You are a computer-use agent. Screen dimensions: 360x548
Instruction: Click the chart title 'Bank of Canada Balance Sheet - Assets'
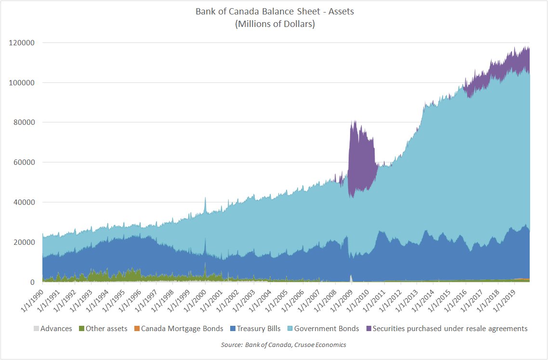click(x=274, y=12)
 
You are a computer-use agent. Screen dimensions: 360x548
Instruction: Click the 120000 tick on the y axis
click(x=21, y=43)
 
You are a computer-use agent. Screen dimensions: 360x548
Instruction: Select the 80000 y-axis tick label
click(x=23, y=122)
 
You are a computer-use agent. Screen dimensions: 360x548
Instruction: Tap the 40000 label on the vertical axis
click(x=23, y=202)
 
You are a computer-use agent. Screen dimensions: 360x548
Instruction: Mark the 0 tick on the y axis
click(x=33, y=282)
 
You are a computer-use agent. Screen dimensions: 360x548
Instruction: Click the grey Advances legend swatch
click(x=36, y=329)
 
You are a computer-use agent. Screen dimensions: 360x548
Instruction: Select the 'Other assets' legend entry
click(x=104, y=329)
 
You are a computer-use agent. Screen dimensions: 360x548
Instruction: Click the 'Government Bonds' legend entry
click(x=326, y=329)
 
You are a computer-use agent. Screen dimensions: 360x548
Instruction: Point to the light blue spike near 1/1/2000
click(x=205, y=205)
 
